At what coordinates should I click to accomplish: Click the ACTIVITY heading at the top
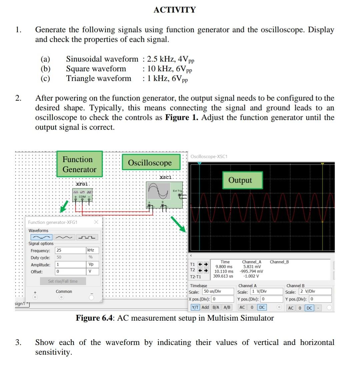pyautogui.click(x=174, y=10)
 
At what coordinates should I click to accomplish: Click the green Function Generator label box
pyautogui.click(x=79, y=164)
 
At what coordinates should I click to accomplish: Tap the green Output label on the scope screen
pyautogui.click(x=240, y=180)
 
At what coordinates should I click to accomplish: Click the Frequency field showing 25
pyautogui.click(x=70, y=250)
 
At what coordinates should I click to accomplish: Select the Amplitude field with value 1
pyautogui.click(x=70, y=265)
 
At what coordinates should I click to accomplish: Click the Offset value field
pyautogui.click(x=70, y=272)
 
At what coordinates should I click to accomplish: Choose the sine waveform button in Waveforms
pyautogui.click(x=41, y=237)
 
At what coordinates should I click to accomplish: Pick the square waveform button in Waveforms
pyautogui.click(x=87, y=237)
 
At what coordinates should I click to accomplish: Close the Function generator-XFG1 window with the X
pyautogui.click(x=96, y=222)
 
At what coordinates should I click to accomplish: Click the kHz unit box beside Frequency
pyautogui.click(x=92, y=250)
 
